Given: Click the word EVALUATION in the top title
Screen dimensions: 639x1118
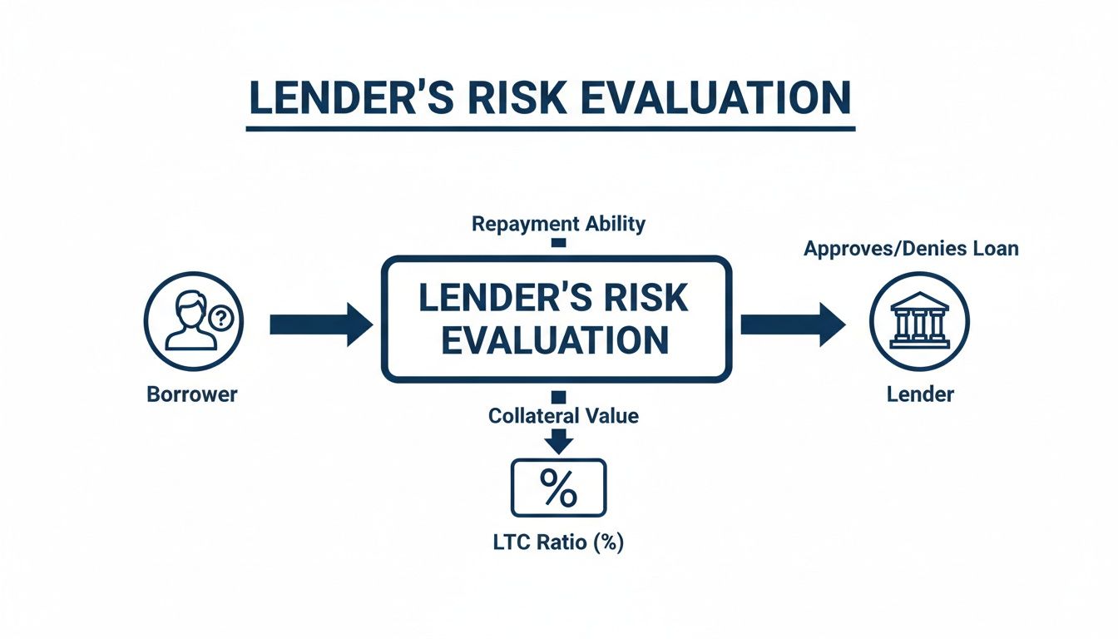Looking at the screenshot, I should (x=715, y=97).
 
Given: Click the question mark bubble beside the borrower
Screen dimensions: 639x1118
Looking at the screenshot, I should (x=221, y=316).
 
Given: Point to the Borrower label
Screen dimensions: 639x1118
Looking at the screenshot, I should (x=192, y=394).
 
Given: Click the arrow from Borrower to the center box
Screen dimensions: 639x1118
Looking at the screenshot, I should (x=321, y=324).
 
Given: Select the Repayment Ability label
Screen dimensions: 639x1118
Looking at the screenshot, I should (x=558, y=224).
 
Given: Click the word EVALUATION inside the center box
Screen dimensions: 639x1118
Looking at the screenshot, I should (x=556, y=340).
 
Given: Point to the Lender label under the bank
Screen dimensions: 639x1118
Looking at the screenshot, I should (x=919, y=394).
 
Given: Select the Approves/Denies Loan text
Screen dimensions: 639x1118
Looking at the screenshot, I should (x=911, y=248).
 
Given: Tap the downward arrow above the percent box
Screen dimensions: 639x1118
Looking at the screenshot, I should (x=559, y=441).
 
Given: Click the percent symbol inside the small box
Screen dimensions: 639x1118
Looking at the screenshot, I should (x=559, y=488).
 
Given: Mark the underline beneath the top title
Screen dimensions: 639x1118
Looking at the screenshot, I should (x=551, y=128).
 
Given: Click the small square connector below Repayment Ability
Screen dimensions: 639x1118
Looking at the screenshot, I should (x=559, y=242).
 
